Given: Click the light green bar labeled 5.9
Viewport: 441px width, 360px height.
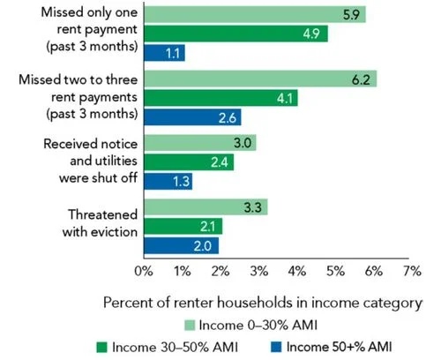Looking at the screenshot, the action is click(x=255, y=14).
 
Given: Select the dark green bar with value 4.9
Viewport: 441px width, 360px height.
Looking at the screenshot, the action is click(x=235, y=34).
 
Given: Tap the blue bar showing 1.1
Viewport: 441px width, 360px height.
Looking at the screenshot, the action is click(x=164, y=53).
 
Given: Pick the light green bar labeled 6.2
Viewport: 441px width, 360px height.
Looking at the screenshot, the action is click(x=260, y=79).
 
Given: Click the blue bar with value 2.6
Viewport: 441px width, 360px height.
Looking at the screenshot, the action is click(x=192, y=117).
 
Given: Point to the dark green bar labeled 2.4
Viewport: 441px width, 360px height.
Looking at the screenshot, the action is click(x=189, y=162).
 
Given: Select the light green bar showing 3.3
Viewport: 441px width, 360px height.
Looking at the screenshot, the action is click(x=206, y=206).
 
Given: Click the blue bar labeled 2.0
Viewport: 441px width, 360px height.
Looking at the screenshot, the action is click(x=181, y=245).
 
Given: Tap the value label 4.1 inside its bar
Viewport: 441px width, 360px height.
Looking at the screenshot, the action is click(x=285, y=98).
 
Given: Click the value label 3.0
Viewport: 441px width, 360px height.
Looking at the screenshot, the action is click(x=243, y=143).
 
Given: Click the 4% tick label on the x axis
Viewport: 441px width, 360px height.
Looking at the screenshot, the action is click(x=297, y=271).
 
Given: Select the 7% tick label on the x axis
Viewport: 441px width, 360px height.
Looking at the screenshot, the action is click(x=412, y=271).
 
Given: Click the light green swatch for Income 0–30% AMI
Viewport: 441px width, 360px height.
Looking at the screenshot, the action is click(x=190, y=326).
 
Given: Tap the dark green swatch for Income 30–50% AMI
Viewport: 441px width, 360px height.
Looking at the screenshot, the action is click(x=102, y=347).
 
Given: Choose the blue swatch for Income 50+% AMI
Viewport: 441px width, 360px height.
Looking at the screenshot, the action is click(x=276, y=347).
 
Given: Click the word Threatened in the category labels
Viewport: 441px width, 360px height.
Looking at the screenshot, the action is click(x=102, y=214).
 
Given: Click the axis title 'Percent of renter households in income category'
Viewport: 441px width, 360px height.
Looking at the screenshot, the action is click(x=263, y=303).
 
